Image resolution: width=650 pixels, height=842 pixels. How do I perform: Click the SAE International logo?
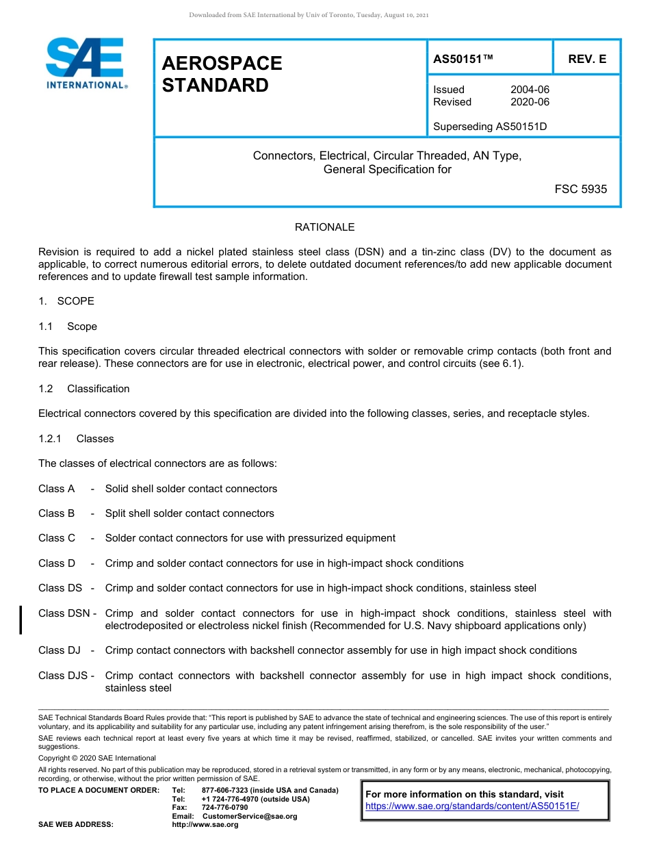[x=86, y=63]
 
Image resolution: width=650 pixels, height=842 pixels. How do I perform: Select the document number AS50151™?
[x=463, y=60]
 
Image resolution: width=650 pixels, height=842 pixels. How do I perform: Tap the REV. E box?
[x=586, y=60]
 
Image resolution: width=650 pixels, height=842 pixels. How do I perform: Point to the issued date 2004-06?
[x=530, y=90]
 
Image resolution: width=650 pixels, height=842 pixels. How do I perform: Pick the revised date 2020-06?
[x=530, y=102]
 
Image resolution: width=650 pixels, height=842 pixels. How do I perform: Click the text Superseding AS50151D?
[x=490, y=127]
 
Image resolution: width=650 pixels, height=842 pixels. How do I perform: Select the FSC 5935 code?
[x=580, y=189]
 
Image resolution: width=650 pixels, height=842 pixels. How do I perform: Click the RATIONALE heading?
[x=324, y=227]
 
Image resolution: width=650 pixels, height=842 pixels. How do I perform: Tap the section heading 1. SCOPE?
[x=66, y=301]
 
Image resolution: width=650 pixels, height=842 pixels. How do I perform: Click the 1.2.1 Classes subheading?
[x=76, y=439]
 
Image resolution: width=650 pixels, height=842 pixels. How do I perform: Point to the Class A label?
[x=57, y=489]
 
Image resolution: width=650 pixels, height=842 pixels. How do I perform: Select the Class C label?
[x=57, y=538]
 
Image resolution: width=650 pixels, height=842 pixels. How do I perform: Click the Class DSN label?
[x=64, y=613]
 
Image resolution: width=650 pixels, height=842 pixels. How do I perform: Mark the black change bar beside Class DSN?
[x=21, y=620]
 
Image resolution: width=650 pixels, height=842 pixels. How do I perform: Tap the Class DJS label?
[x=62, y=676]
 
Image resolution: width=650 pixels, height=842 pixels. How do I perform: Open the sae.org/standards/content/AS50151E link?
[x=472, y=806]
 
